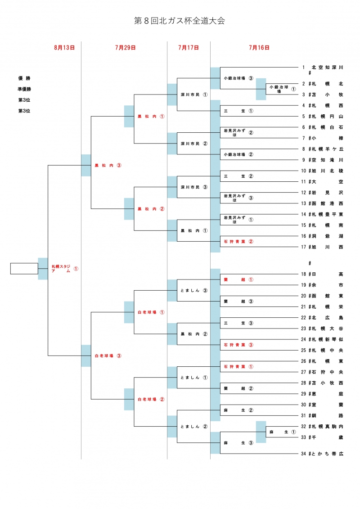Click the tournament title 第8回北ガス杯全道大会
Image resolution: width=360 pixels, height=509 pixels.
pos(180,21)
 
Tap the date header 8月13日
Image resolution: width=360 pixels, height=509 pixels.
pos(64,47)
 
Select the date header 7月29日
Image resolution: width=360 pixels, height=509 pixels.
pos(126,47)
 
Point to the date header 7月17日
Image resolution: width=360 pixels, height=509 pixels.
pos(188,47)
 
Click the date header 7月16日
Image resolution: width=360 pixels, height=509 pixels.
pos(259,47)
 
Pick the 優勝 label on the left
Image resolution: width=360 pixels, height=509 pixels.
pos(24,78)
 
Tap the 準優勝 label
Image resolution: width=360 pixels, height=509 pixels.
pos(24,89)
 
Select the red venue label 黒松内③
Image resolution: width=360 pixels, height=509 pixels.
pos(108,166)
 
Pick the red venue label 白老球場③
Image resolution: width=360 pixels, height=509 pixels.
pos(108,356)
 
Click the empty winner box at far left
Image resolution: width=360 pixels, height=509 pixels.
pos(24,269)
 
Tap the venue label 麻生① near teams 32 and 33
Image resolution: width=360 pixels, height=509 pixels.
pos(283,432)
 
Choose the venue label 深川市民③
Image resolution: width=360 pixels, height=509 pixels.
pos(194,187)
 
